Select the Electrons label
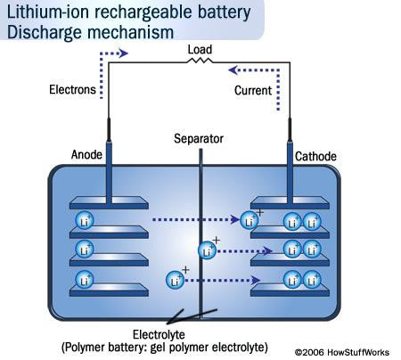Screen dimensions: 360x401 coord(71,91)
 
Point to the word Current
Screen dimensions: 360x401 coord(252,91)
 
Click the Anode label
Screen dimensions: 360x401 coord(87,155)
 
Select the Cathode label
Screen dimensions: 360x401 coord(316,156)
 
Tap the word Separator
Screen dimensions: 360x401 coord(200,139)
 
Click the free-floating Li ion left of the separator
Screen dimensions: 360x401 coord(176,281)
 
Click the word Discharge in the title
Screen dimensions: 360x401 coord(42,33)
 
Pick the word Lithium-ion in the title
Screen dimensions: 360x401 coord(43,13)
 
